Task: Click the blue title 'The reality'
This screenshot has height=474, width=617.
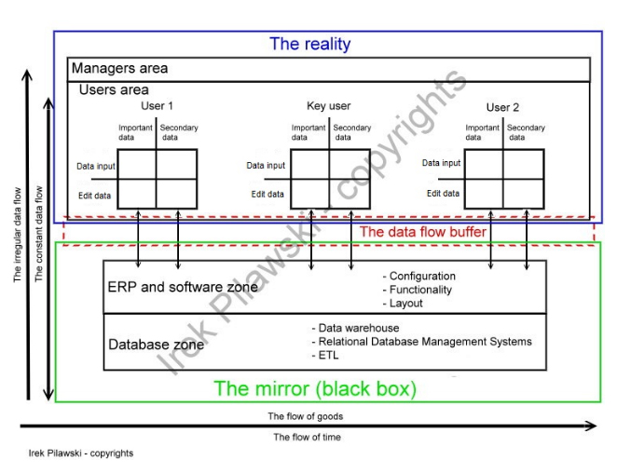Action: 309,43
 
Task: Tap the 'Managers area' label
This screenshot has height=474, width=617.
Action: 119,69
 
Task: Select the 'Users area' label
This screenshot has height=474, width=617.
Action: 115,89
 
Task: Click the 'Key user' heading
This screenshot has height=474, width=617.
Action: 328,106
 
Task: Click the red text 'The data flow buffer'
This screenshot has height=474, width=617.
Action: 423,232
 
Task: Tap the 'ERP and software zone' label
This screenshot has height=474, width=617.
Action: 183,287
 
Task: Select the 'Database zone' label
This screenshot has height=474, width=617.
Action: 156,345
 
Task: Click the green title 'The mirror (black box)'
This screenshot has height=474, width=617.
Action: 315,387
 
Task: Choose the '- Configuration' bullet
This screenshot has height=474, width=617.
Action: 419,277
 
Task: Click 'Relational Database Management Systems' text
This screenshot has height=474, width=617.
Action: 425,342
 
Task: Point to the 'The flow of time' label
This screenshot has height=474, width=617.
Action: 308,437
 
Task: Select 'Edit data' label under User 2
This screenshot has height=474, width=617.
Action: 443,193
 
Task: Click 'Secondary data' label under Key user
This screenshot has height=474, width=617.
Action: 351,132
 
